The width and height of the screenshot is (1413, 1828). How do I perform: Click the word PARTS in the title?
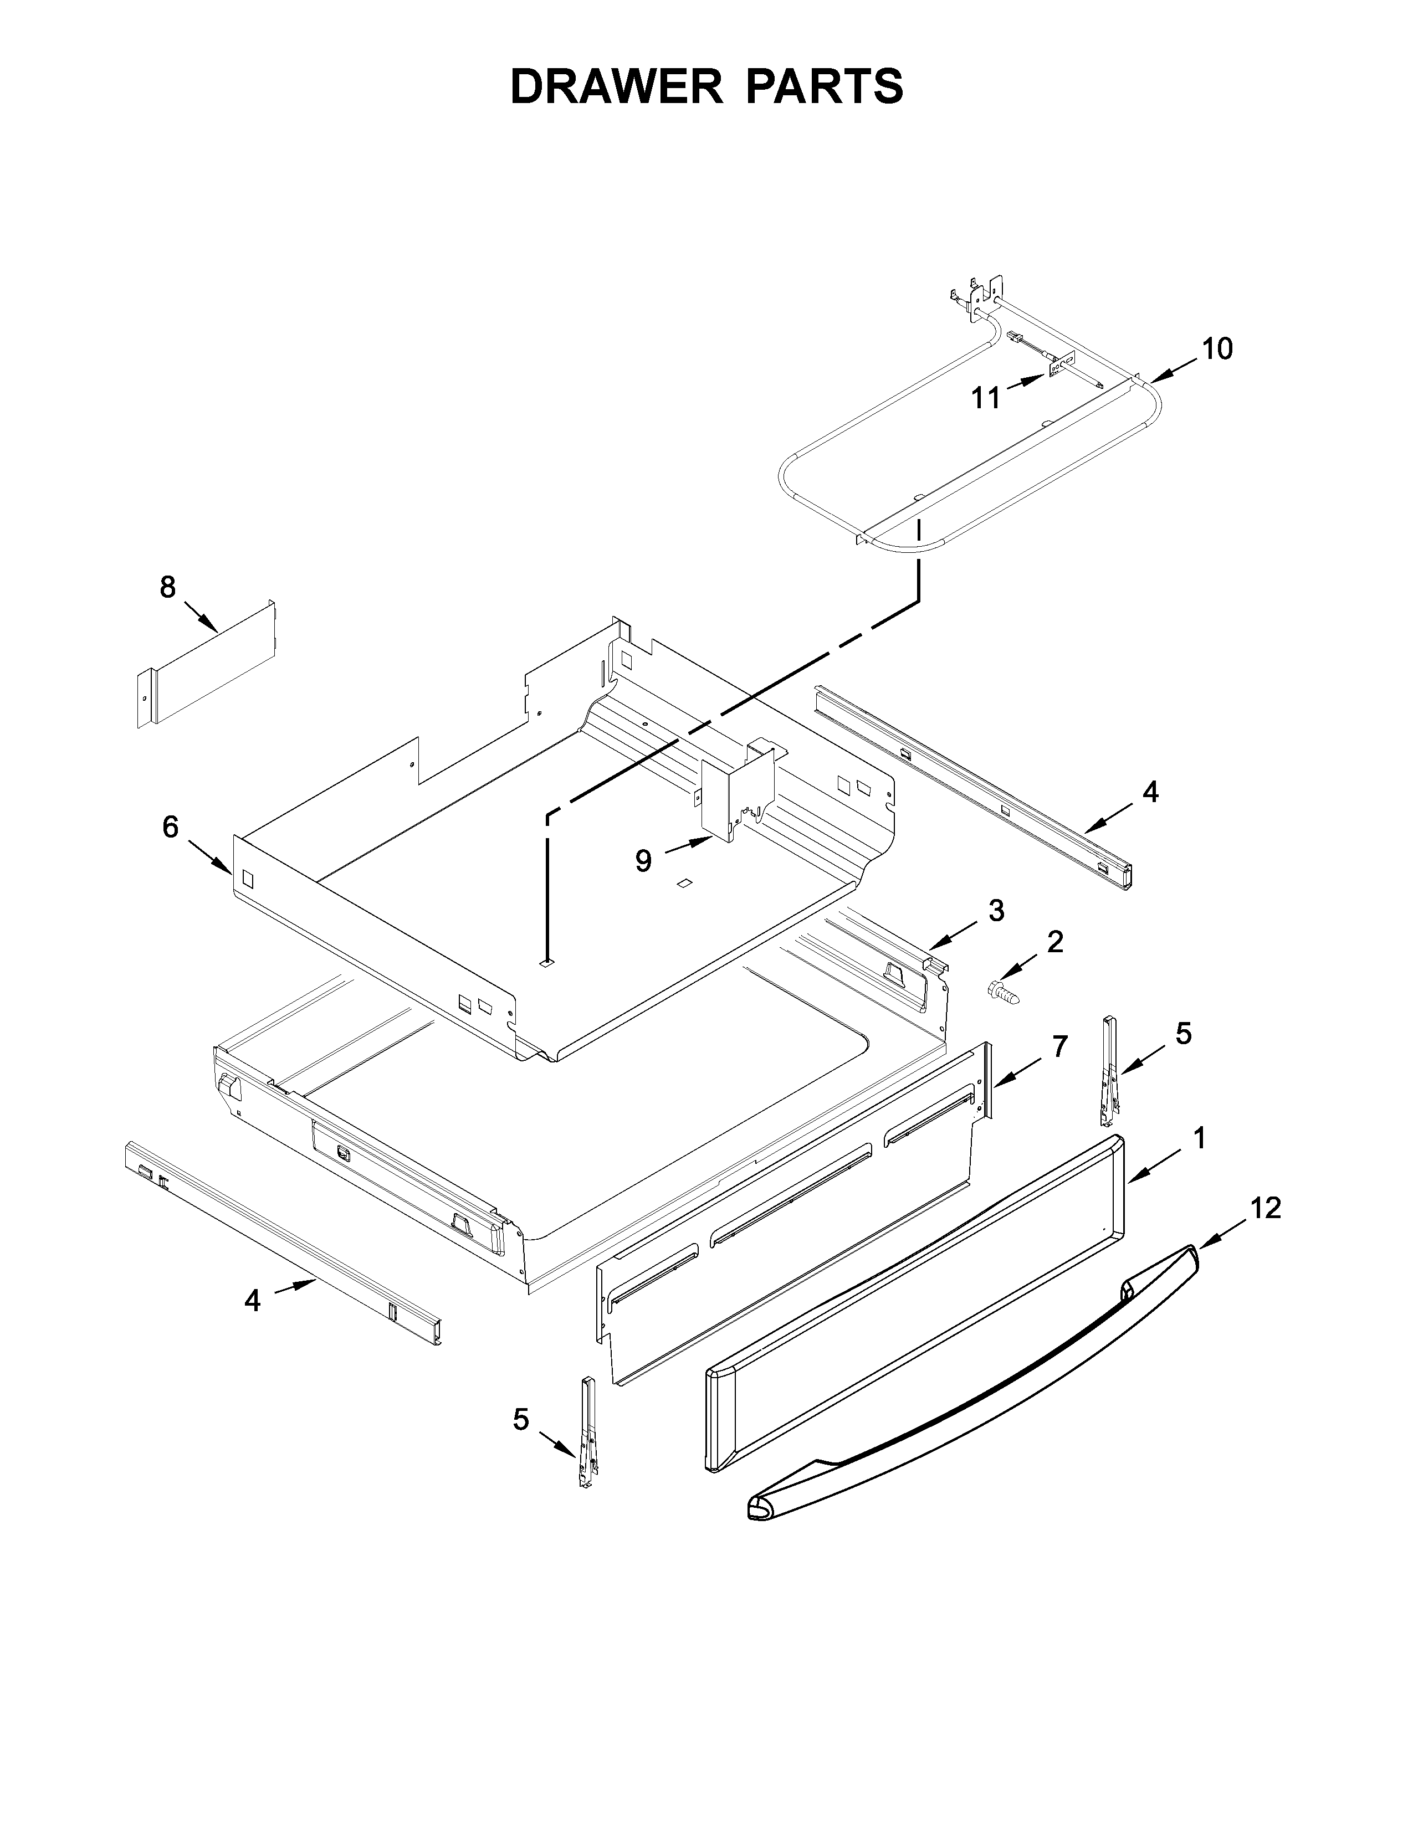click(823, 86)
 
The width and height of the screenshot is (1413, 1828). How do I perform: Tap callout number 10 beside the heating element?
click(1218, 349)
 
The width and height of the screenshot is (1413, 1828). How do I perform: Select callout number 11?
click(986, 398)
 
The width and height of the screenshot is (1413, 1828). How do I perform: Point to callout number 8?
click(168, 588)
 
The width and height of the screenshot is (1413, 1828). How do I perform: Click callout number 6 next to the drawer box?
click(171, 827)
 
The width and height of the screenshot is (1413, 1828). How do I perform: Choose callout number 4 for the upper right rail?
click(1150, 791)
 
